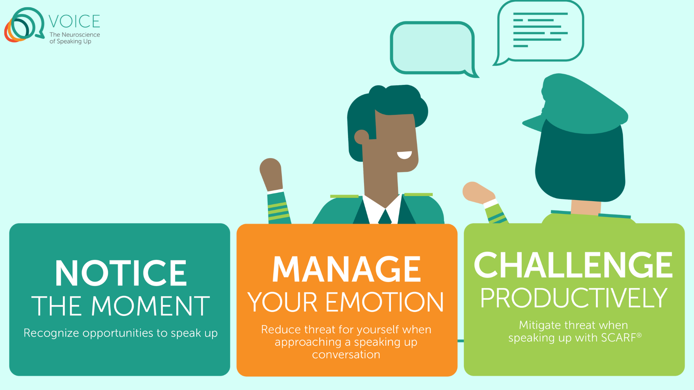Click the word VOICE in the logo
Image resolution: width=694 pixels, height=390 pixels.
74,21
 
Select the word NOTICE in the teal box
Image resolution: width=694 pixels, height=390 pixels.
121,273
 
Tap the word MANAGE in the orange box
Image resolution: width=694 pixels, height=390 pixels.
346,269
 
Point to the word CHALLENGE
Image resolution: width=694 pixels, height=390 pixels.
573,265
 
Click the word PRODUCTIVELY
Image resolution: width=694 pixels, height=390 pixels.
573,298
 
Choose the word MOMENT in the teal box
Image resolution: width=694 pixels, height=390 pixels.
150,306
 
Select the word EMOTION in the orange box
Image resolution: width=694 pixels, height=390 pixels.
385,302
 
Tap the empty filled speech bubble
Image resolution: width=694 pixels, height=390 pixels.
432,48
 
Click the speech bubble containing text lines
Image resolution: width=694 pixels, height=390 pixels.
540,31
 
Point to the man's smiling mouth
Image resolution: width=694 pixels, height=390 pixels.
404,155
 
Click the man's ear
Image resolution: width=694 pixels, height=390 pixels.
361,136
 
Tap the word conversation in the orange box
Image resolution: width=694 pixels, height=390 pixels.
346,355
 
